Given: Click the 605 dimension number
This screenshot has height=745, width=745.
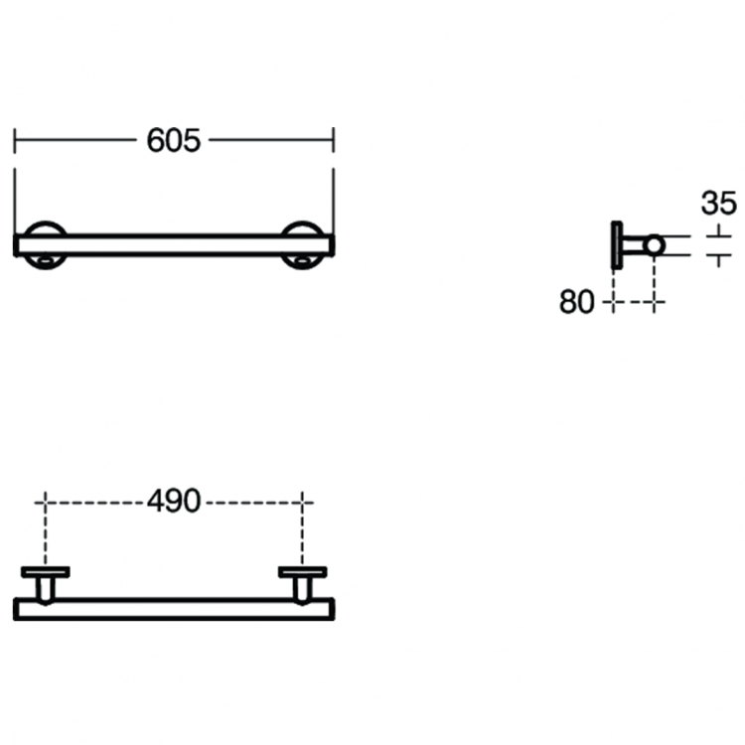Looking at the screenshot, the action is click(x=174, y=141).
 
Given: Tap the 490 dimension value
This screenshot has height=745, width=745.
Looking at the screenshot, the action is click(x=174, y=502).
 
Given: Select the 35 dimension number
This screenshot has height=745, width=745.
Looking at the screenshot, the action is click(x=719, y=203).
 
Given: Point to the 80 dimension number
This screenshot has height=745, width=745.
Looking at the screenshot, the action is click(x=576, y=302).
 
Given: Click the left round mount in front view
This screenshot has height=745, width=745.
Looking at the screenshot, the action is click(x=45, y=226).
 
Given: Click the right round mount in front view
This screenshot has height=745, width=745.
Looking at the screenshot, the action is click(x=302, y=226).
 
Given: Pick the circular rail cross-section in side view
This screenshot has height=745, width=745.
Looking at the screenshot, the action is click(x=655, y=245).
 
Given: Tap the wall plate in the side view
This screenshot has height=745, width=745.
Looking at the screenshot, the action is click(x=617, y=245).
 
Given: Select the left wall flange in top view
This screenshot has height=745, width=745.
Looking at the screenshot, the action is click(x=46, y=572).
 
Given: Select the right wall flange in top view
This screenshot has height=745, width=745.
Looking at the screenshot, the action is click(x=303, y=572).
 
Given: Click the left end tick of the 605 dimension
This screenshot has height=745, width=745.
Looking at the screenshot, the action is click(x=15, y=140).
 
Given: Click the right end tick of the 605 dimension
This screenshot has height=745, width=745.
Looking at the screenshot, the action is click(x=333, y=140).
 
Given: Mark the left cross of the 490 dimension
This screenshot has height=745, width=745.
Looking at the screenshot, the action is click(x=45, y=502).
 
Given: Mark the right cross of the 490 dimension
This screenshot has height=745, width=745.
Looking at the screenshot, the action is click(x=303, y=502).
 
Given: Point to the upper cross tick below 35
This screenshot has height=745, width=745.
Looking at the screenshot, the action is click(x=719, y=235).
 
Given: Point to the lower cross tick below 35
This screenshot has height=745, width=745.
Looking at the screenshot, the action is click(x=719, y=256).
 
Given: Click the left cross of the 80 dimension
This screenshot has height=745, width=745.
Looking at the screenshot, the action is click(x=613, y=302).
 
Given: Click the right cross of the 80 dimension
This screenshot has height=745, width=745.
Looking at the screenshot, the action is click(x=655, y=302).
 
